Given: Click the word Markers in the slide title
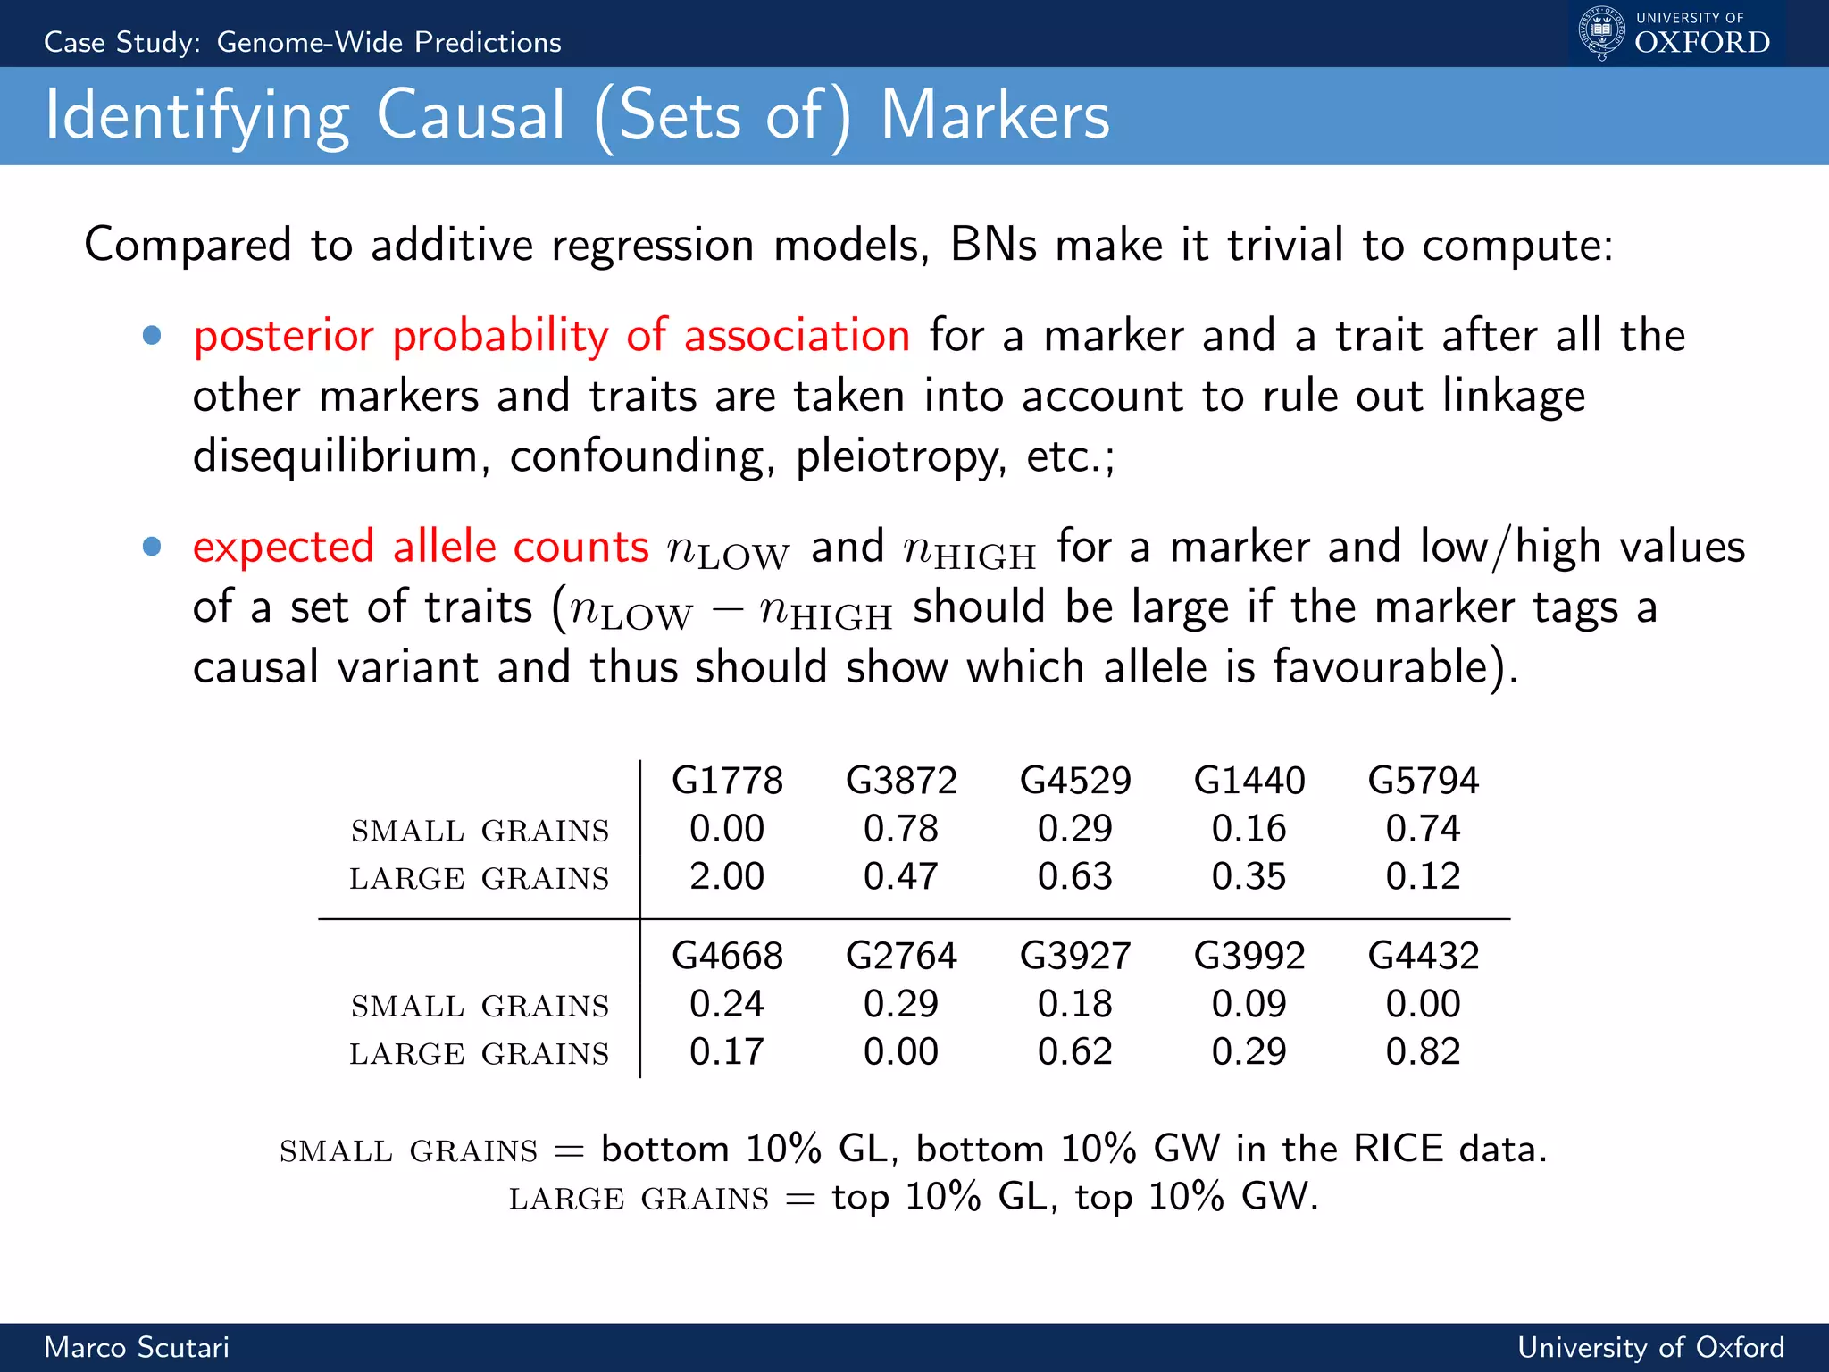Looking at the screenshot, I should [995, 116].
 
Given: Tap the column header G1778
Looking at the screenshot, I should [727, 781].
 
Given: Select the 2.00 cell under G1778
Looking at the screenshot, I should [727, 876].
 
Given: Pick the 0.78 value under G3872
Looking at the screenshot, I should [900, 829].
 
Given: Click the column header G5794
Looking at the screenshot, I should [1423, 781].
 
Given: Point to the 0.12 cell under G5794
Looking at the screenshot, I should [1423, 876].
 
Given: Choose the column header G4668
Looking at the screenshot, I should [727, 957].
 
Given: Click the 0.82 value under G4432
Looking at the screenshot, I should [1423, 1052].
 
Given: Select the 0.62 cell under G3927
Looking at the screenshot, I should [1074, 1052].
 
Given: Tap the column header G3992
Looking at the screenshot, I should [1249, 957].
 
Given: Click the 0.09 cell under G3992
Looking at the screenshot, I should [1249, 1004].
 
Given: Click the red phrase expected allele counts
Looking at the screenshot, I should [421, 547].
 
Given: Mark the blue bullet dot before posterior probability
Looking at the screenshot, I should [152, 336].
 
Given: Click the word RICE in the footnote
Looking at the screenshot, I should [1398, 1149].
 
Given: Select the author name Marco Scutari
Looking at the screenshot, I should [137, 1347].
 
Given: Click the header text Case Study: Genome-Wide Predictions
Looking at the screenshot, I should [303, 42].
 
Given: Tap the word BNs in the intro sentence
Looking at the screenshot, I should [992, 245].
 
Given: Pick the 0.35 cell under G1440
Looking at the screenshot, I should [1249, 876].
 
